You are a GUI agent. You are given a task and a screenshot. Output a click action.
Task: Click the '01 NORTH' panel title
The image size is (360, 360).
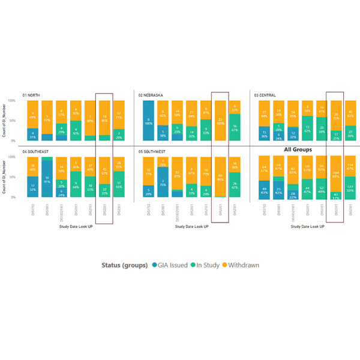coord(32,95)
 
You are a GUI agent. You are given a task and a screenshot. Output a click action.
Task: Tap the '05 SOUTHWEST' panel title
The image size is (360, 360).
coord(155,151)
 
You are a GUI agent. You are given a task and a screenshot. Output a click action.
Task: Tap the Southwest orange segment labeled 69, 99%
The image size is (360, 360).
coord(220,176)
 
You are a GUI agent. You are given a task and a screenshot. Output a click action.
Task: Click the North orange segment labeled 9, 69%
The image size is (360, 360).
coord(32,113)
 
